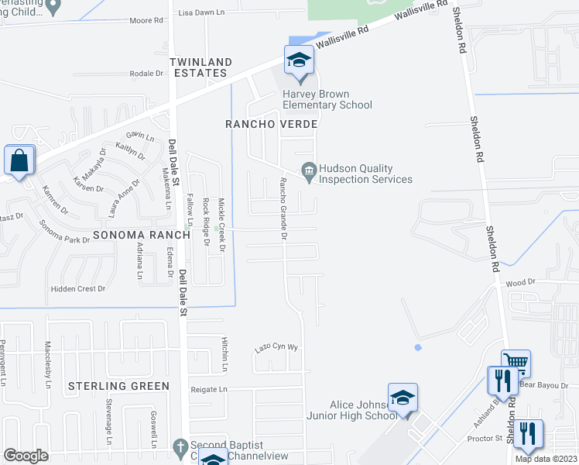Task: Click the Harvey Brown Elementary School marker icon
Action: tap(298, 60)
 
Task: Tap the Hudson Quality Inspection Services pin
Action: tap(309, 169)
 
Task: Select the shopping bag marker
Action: tap(19, 161)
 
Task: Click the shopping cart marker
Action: tap(516, 363)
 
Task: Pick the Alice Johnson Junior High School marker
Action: tap(403, 398)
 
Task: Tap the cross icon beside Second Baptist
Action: tap(180, 446)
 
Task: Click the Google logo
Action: tap(26, 455)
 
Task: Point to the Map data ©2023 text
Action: tap(546, 459)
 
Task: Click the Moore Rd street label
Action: tap(147, 21)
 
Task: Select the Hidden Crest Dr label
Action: tap(77, 288)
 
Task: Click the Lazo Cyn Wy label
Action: tap(276, 348)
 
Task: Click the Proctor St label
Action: tap(486, 439)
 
